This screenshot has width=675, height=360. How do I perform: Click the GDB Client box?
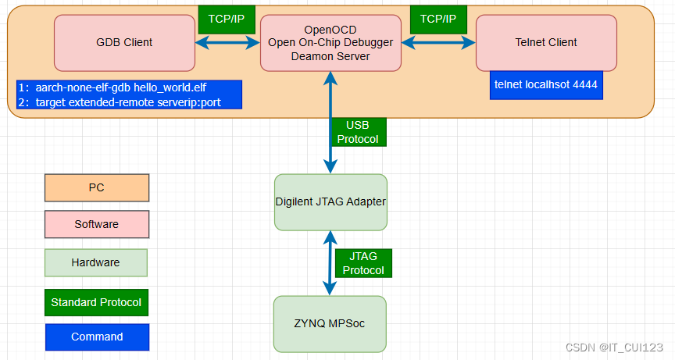point(124,42)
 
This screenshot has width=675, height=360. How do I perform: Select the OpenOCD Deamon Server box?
point(331,42)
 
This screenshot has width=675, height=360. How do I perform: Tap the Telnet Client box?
point(546,42)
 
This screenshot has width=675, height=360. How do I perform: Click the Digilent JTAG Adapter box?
point(330,201)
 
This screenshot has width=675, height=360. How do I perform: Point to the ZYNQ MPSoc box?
point(330,323)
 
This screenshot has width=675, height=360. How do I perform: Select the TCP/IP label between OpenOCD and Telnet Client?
point(438,17)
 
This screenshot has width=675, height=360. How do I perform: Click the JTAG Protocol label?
point(363,263)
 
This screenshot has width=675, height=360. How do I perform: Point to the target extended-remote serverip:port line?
point(128,102)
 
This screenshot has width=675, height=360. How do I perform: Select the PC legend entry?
point(96,187)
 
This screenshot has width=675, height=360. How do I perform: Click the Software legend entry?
point(96,224)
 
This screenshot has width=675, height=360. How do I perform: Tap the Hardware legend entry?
point(96,262)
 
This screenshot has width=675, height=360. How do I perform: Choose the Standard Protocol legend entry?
point(96,302)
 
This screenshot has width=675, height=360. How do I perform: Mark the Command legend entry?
point(96,337)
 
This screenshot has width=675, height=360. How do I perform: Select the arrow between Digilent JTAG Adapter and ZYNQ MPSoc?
point(330,263)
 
